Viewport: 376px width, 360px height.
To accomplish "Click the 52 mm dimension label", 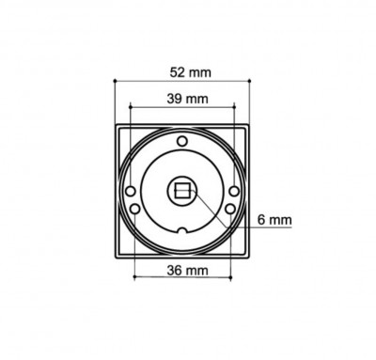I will tap(184, 71).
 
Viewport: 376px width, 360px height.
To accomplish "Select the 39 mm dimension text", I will tap(184, 99).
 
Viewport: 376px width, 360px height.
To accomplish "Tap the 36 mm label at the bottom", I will tap(183, 271).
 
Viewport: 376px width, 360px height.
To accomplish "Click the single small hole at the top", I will tap(183, 142).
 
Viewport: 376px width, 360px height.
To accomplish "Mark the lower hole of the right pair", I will tap(232, 207).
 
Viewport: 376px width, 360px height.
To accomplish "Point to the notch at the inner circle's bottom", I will tap(184, 231).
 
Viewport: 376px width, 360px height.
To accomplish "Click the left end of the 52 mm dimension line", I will tap(114, 82).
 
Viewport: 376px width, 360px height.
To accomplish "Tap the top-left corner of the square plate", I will tap(115, 125).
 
